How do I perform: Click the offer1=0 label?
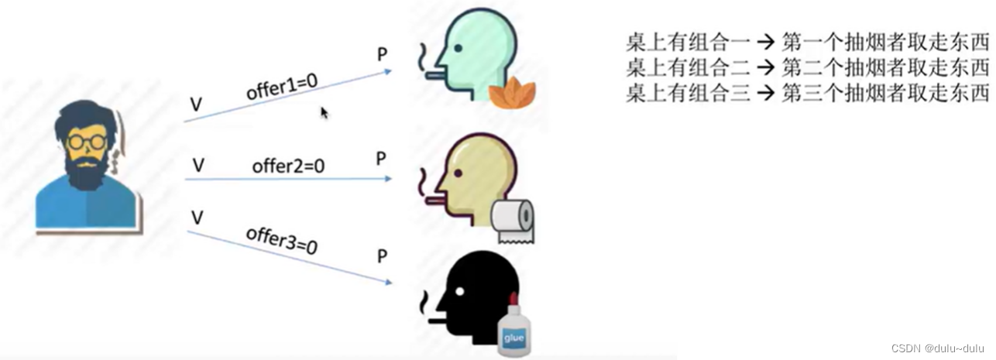[282, 87]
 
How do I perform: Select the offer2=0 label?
[287, 166]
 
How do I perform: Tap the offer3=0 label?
[282, 241]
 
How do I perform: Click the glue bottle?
[514, 329]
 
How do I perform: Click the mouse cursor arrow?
[325, 113]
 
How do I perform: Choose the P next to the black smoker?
[382, 256]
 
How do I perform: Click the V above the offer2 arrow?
[198, 164]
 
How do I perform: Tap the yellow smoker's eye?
[459, 170]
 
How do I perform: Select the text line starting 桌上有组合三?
[808, 94]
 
